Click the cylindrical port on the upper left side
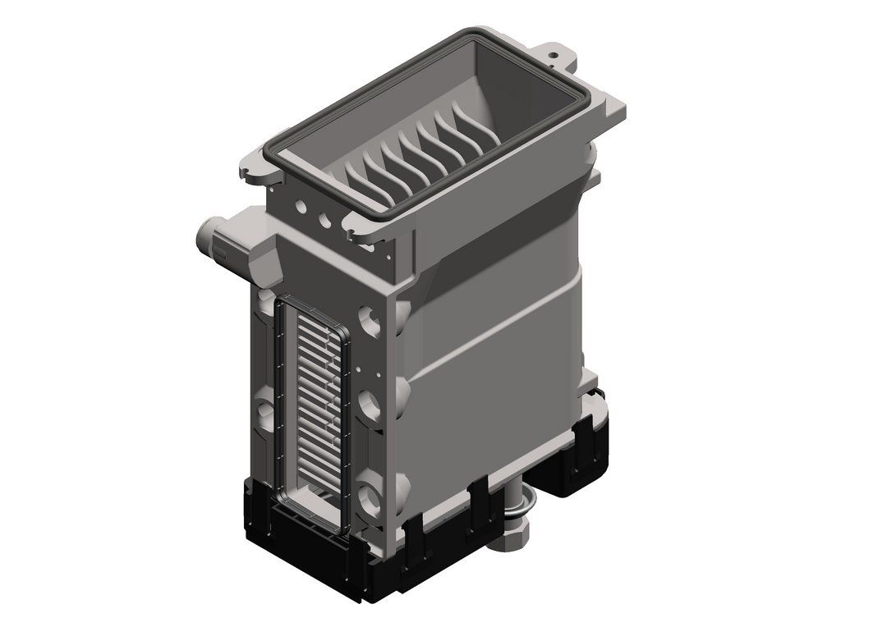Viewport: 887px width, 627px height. (x=207, y=238)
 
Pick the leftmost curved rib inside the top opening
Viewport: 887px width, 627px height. (x=355, y=176)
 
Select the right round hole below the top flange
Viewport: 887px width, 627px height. (x=327, y=220)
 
